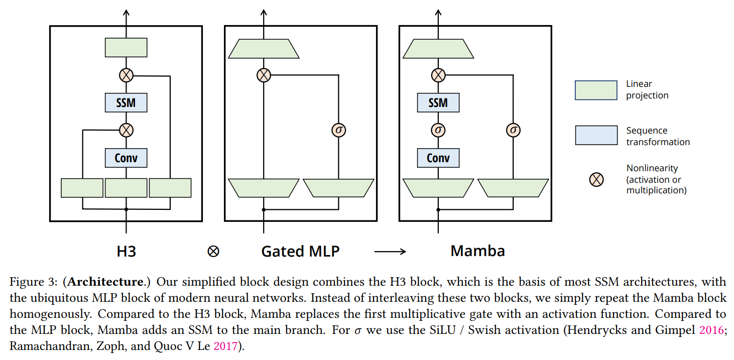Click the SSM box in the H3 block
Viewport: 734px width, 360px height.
126,102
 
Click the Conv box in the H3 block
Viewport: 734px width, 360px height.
126,158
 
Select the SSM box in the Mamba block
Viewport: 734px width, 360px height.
438,102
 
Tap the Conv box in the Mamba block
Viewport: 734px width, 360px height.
438,158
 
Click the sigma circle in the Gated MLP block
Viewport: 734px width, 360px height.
339,130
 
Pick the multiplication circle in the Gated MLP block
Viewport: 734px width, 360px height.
264,75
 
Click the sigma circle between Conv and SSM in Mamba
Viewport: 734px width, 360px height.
438,130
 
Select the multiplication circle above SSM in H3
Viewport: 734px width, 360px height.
126,75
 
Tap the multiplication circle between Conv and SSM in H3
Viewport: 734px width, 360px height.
126,130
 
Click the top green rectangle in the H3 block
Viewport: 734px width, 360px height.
126,47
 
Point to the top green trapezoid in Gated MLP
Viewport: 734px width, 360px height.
264,49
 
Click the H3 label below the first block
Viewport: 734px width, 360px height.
126,251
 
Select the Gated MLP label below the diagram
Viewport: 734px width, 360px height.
300,251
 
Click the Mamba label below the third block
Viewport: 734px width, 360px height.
477,251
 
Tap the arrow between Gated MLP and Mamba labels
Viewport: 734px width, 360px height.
390,252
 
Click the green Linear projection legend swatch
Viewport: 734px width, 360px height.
596,90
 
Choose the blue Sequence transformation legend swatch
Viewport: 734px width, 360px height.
596,135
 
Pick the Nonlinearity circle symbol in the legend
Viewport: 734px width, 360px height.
596,180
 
